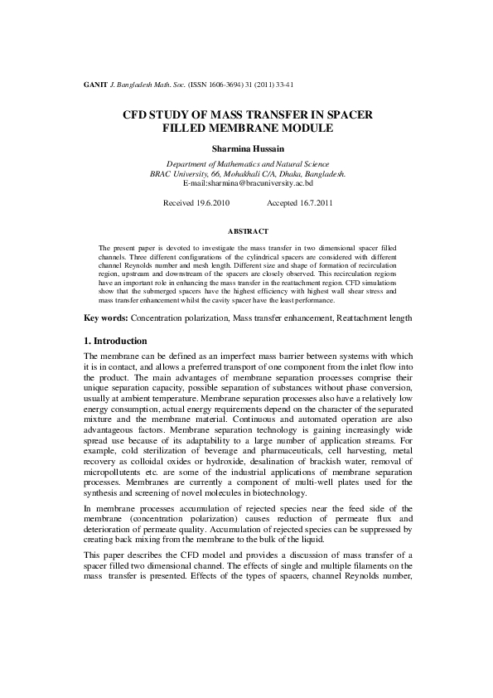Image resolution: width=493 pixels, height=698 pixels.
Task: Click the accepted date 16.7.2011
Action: pos(314,202)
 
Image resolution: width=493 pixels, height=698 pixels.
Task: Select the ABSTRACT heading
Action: pos(246,230)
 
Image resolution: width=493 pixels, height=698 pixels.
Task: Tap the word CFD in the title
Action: pos(137,115)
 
